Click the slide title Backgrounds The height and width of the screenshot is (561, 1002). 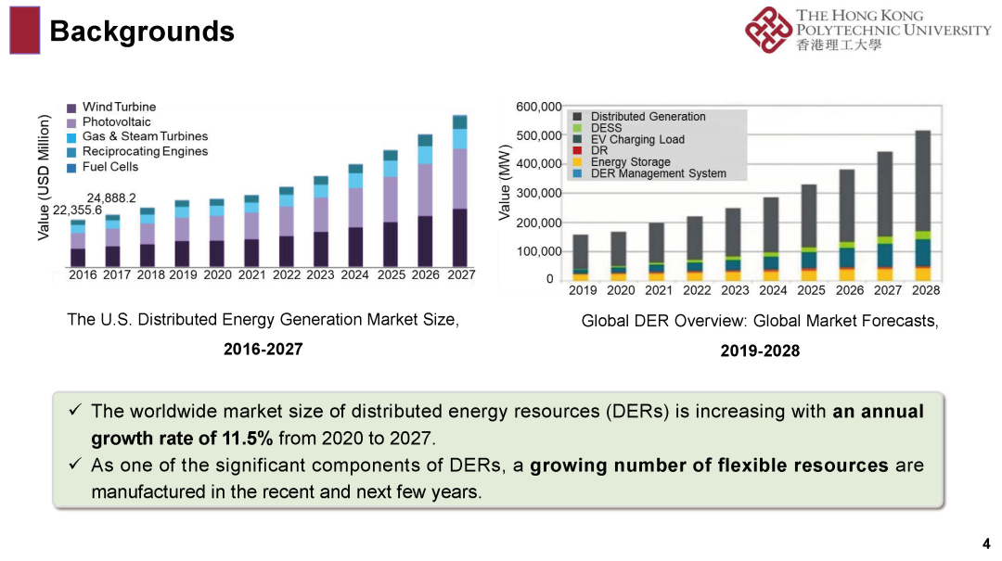(x=141, y=32)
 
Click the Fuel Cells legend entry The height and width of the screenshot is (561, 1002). (x=109, y=167)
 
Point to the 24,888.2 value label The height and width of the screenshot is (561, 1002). (x=111, y=198)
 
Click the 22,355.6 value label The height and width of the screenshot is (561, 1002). (x=77, y=210)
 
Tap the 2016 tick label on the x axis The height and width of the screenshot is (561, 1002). (x=83, y=274)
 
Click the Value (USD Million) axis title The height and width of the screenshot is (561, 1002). (x=44, y=178)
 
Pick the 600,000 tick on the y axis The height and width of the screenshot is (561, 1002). (x=539, y=107)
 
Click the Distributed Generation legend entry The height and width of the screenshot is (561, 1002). (x=648, y=117)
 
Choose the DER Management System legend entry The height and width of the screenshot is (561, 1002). (x=658, y=173)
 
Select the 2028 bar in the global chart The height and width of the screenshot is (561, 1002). (x=923, y=204)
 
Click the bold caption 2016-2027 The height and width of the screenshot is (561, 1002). (x=263, y=349)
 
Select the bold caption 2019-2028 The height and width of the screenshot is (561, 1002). (x=760, y=351)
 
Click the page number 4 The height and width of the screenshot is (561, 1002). (x=986, y=543)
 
